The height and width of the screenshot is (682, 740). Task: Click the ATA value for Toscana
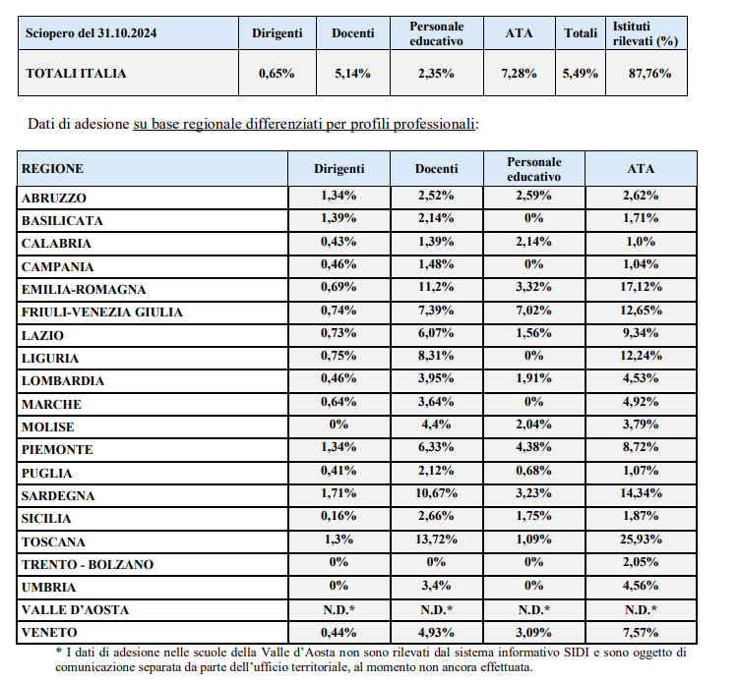641,539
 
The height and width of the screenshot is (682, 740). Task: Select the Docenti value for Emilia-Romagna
436,287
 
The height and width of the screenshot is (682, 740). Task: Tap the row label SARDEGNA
58,496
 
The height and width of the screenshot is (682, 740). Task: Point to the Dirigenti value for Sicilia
339,516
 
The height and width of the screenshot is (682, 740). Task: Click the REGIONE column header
52,169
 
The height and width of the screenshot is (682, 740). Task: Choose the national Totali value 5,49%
580,74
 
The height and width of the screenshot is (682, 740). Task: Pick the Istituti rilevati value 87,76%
649,74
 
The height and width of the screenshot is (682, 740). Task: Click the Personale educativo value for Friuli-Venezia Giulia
533,311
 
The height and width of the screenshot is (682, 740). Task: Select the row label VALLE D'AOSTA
75,610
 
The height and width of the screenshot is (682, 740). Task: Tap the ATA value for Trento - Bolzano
641,562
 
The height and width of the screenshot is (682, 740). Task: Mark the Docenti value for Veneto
436,632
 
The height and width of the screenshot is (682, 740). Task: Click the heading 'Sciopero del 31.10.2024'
91,33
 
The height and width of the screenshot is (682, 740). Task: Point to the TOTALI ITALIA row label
76,74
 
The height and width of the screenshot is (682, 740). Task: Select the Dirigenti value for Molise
339,425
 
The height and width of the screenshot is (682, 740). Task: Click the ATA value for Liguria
641,356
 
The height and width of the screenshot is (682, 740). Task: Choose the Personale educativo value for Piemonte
533,447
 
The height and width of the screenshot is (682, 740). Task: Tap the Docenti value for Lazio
436,333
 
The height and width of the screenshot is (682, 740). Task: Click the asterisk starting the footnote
58,651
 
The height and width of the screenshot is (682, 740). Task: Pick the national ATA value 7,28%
519,74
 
